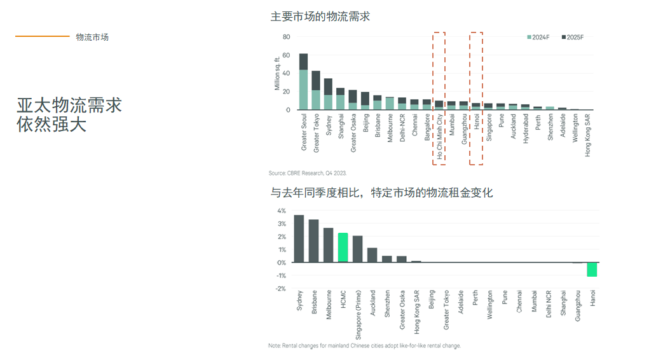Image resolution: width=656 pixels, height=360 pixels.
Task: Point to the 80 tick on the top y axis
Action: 286,37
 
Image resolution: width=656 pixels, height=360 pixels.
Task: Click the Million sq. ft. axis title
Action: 277,73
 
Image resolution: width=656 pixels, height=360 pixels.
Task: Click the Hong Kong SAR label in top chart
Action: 588,135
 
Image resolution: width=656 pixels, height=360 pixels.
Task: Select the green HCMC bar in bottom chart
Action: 343,247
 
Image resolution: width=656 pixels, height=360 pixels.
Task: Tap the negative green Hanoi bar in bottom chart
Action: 592,269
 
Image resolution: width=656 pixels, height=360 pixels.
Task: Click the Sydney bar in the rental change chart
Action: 299,239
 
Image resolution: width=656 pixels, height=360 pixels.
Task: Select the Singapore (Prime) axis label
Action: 358,316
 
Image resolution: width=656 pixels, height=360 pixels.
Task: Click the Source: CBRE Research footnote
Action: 307,173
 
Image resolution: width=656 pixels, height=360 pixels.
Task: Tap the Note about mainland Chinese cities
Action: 364,346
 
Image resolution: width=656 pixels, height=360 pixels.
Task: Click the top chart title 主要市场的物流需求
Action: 320,17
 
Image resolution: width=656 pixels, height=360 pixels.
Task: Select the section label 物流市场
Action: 92,37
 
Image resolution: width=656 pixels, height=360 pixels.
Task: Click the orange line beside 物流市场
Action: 42,36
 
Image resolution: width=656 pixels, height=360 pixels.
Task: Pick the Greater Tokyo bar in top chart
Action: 316,90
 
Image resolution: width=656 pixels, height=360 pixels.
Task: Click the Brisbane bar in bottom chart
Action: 313,241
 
